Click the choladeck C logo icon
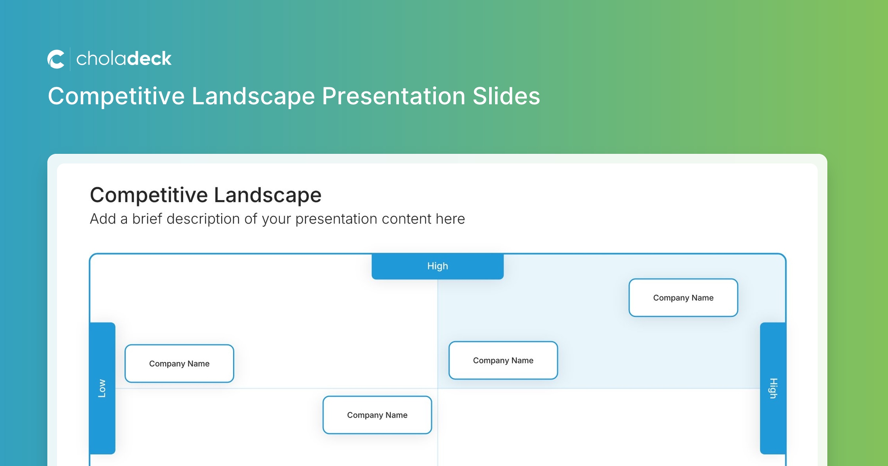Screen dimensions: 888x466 point(56,59)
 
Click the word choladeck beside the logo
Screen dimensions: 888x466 point(124,59)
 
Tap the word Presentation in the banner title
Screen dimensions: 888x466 point(394,97)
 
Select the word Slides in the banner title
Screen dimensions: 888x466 point(506,96)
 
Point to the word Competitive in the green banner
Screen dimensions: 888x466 point(116,97)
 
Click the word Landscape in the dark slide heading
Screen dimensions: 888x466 point(268,195)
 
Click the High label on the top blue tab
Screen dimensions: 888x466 point(437,266)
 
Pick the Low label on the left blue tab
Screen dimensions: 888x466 point(102,388)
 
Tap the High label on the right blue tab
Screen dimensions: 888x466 point(773,388)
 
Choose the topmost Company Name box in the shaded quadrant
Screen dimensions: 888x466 point(683,298)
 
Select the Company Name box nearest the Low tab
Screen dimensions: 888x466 point(179,364)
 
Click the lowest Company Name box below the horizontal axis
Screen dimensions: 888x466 point(377,415)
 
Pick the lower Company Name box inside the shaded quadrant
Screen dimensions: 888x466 point(503,360)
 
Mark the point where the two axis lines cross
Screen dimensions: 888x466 point(438,388)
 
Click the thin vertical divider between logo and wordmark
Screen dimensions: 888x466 point(70,59)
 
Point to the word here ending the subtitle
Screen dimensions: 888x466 point(450,219)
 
